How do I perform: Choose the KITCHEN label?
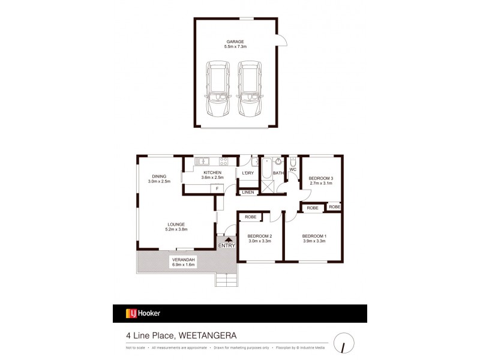pos(212,172)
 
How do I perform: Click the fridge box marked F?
pos(217,188)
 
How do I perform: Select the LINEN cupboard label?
pos(248,192)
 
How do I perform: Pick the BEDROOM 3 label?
pos(320,178)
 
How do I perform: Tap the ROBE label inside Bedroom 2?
pos(251,217)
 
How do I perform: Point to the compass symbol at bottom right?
pos(343,341)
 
